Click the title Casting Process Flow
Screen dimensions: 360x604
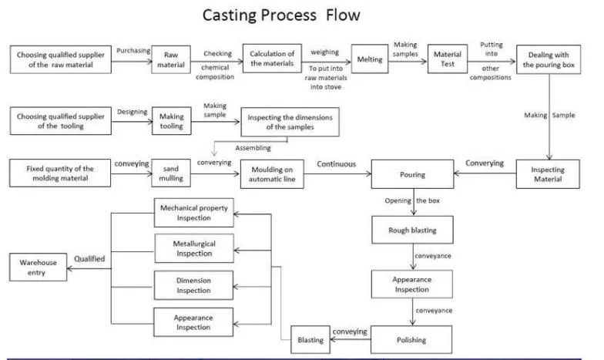(x=281, y=15)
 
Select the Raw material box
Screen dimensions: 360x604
(x=171, y=60)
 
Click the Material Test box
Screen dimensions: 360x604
(x=448, y=60)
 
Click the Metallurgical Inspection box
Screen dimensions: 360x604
(x=193, y=248)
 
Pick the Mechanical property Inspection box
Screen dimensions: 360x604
(x=193, y=214)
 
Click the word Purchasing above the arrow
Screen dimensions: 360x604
(x=133, y=51)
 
